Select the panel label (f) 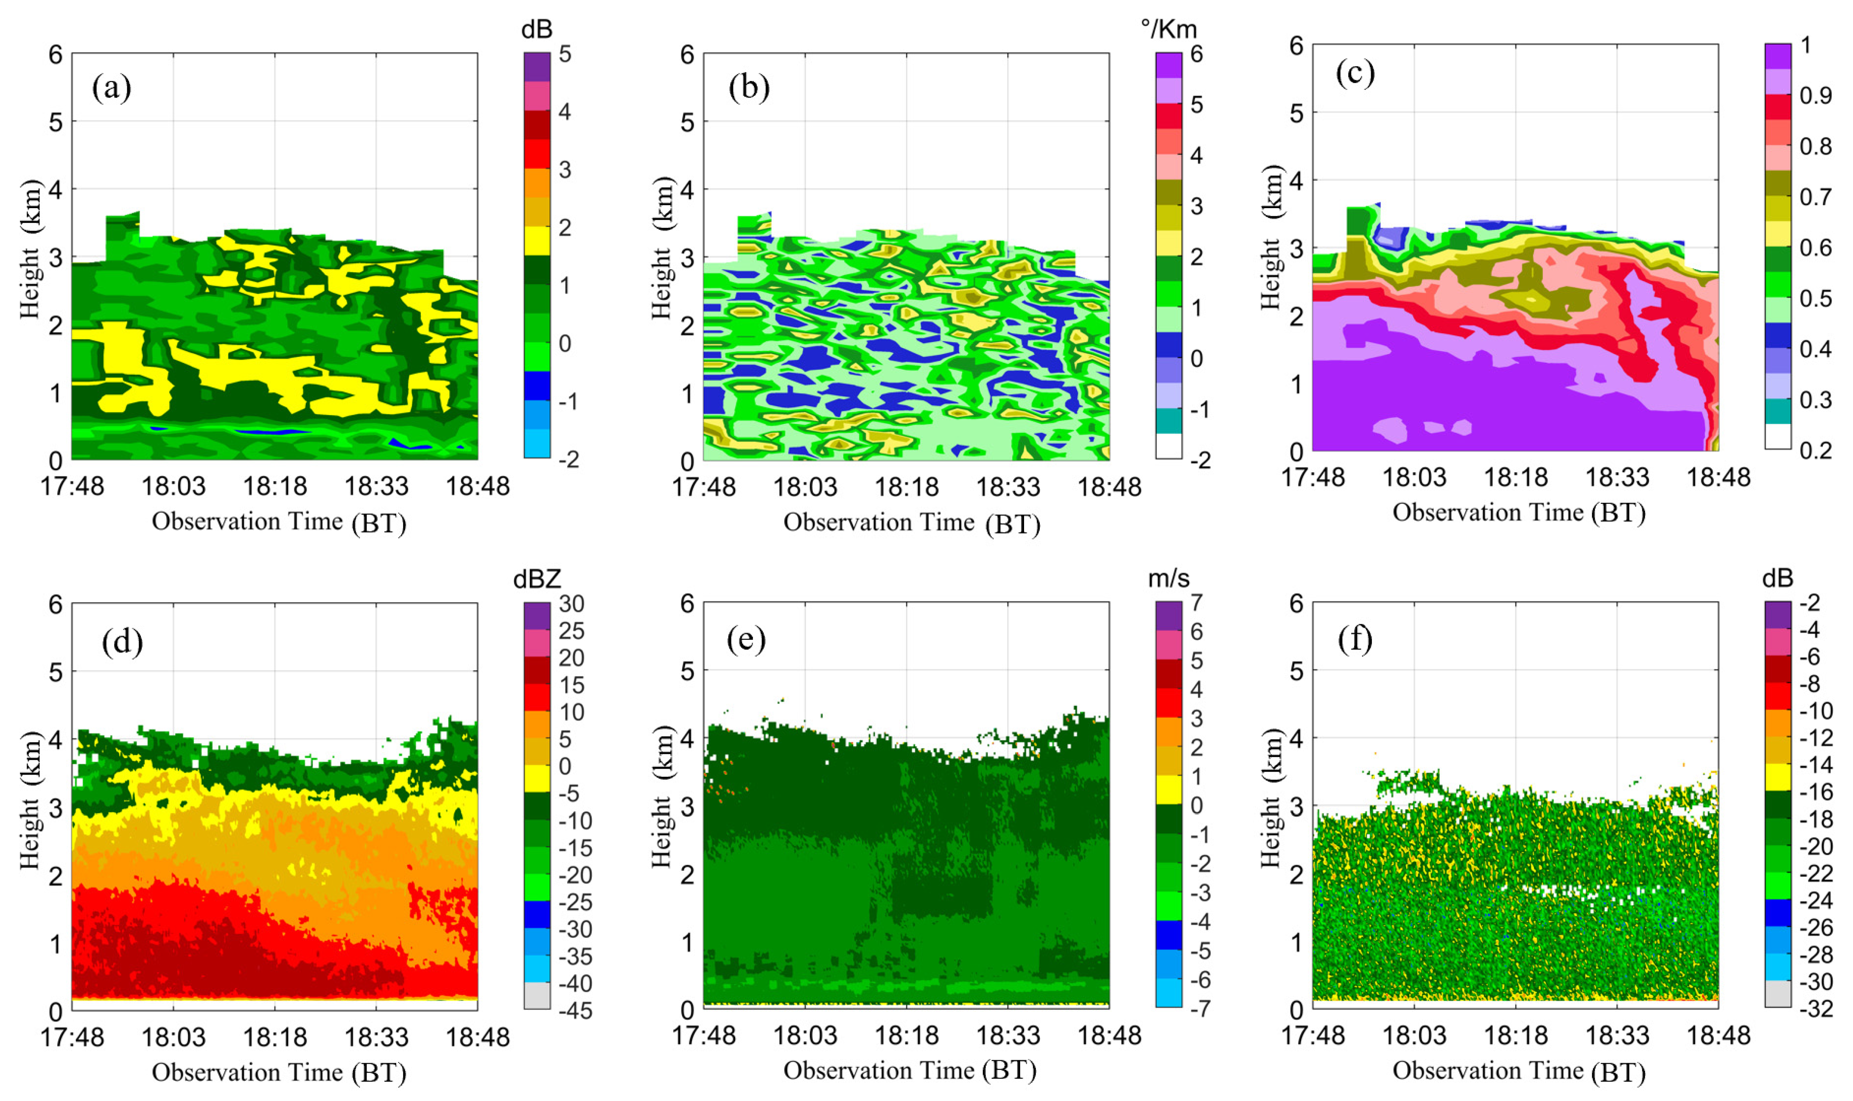[1355, 639]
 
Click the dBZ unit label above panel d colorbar [537, 579]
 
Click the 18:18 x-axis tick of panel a [275, 487]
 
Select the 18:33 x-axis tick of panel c [1617, 477]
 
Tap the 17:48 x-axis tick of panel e [704, 1035]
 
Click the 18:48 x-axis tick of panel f [1718, 1035]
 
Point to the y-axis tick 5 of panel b [687, 122]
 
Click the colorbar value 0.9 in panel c [1815, 96]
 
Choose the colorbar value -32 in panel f [1817, 1009]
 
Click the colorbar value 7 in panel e [1196, 603]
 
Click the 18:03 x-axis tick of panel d [173, 1037]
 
